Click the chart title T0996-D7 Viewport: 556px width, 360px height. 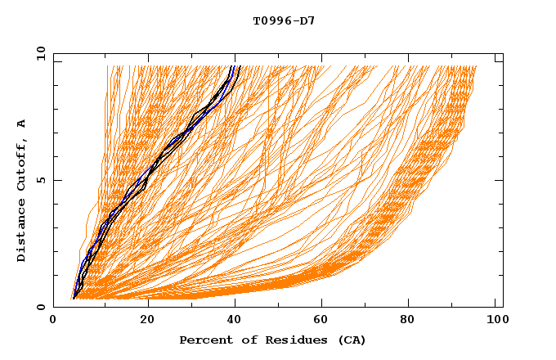click(x=284, y=20)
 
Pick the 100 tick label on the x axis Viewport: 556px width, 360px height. click(x=495, y=322)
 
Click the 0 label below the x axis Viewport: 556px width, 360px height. click(x=54, y=322)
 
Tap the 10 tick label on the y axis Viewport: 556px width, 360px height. click(x=38, y=53)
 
